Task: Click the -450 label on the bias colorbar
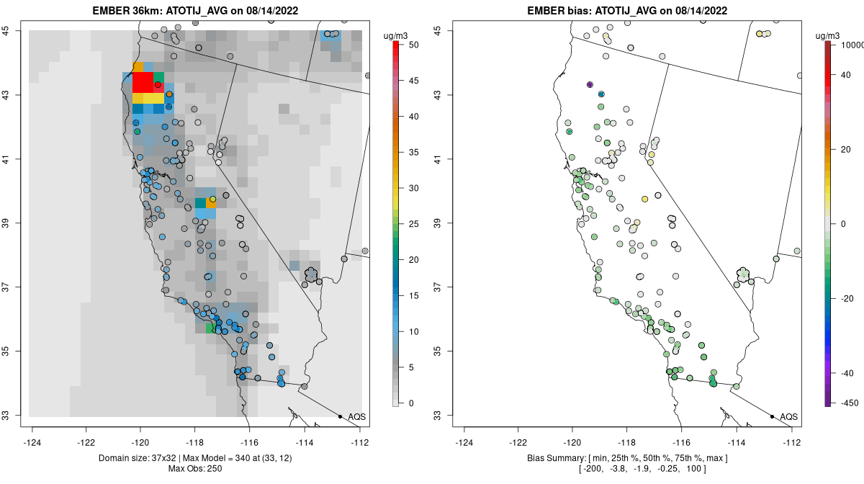click(x=848, y=403)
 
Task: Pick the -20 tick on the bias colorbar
click(x=847, y=298)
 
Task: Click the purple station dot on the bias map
click(x=590, y=85)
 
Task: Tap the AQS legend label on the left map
click(x=357, y=417)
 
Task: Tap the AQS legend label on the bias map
click(x=789, y=417)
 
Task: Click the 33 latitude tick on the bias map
click(x=438, y=416)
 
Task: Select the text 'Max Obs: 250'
click(x=194, y=469)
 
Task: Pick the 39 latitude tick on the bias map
click(x=438, y=223)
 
